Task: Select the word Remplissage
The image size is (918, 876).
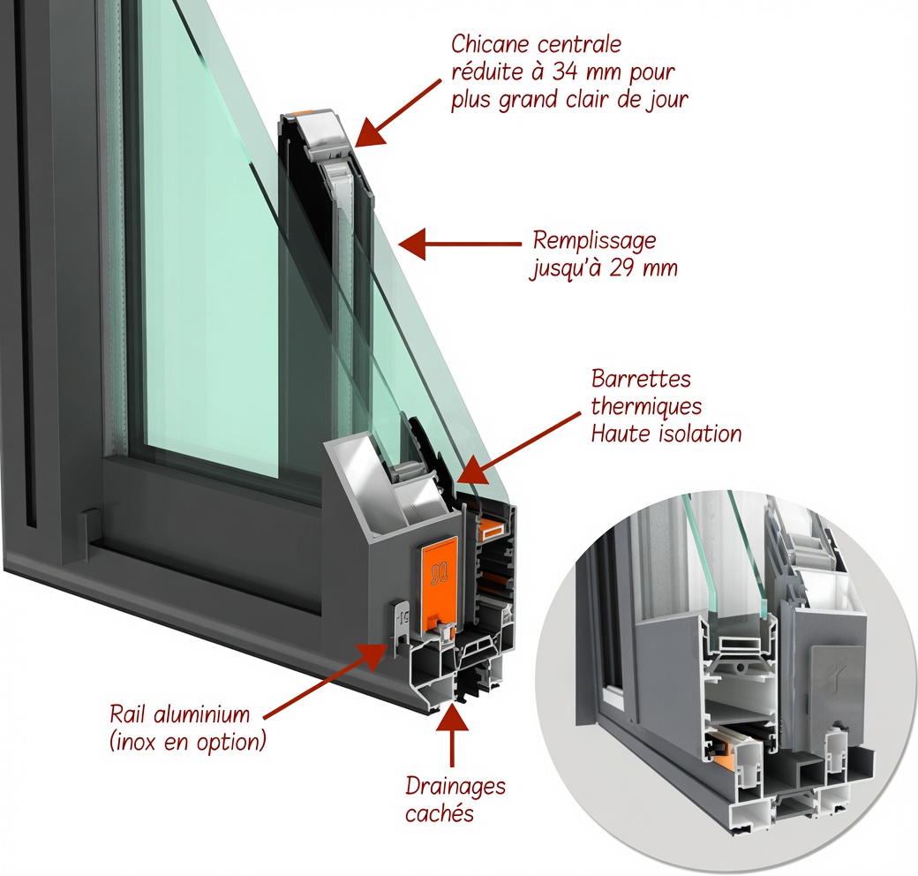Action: [594, 242]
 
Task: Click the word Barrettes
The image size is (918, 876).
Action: [641, 378]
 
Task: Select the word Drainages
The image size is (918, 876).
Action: [455, 787]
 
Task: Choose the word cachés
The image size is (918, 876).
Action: [439, 813]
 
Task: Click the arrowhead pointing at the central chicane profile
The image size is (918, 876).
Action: [370, 132]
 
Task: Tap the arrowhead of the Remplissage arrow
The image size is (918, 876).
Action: [411, 244]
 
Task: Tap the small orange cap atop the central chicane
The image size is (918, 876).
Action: [305, 111]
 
